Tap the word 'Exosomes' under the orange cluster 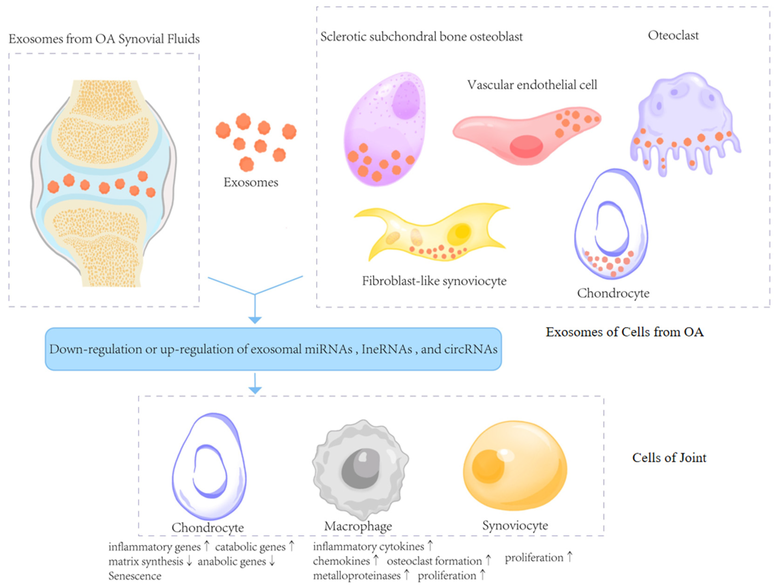pyautogui.click(x=251, y=182)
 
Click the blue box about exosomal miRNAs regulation pyautogui.click(x=273, y=349)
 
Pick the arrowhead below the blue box pyautogui.click(x=255, y=390)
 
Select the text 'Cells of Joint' pyautogui.click(x=669, y=458)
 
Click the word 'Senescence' pyautogui.click(x=135, y=576)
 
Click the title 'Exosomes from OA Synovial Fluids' pyautogui.click(x=104, y=39)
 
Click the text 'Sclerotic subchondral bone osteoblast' pyautogui.click(x=421, y=37)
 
